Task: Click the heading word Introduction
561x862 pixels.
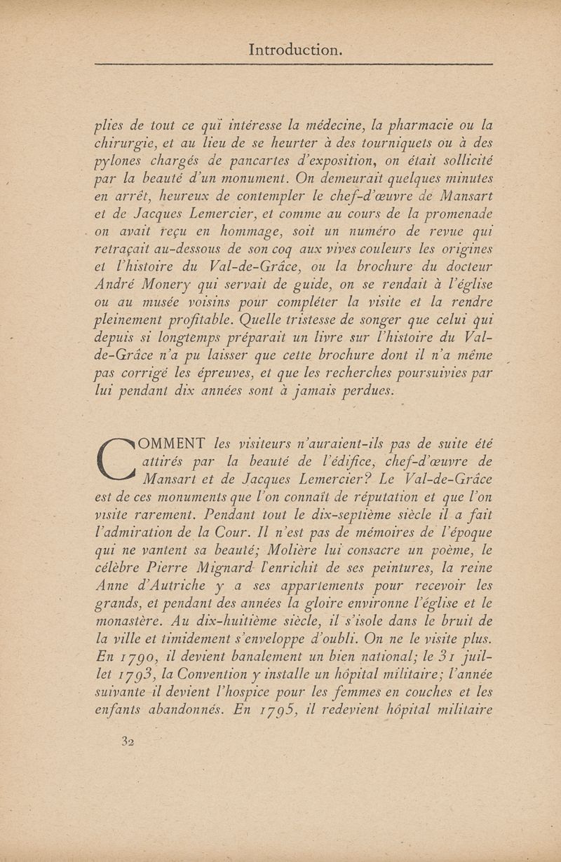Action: (295, 50)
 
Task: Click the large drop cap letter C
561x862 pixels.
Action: (117, 458)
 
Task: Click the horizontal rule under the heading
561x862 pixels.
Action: (294, 64)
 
